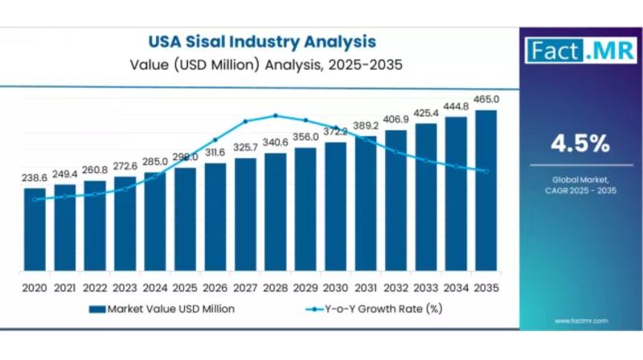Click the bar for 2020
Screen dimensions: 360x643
coord(35,229)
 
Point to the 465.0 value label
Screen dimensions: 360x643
coord(486,100)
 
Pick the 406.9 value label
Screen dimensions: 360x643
coord(395,120)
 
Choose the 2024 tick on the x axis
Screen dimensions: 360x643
coord(155,288)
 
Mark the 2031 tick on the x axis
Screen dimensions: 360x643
coord(366,288)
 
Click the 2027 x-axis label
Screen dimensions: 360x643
coord(245,288)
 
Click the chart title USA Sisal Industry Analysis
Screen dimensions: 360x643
coord(261,40)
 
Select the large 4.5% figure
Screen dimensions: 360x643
coord(580,145)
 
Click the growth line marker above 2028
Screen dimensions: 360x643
coord(276,116)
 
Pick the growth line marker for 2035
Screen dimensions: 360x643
coord(486,170)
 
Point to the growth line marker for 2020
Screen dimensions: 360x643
coord(35,199)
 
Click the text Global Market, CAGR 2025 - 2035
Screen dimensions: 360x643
coord(580,184)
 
